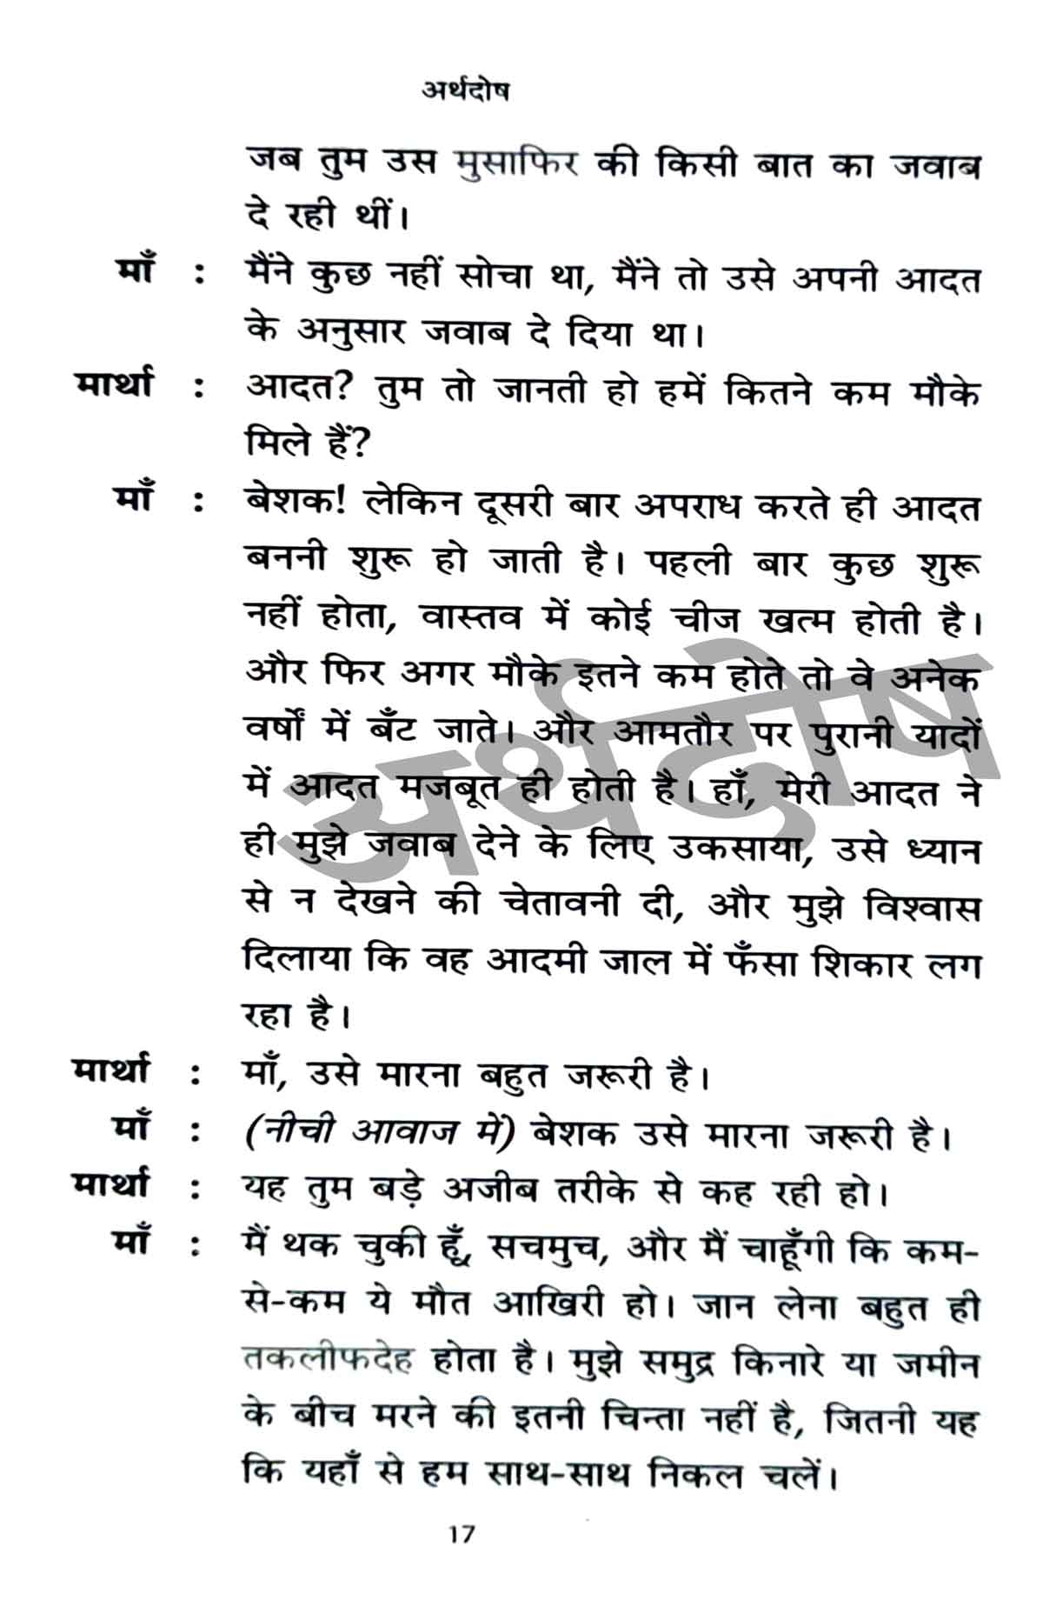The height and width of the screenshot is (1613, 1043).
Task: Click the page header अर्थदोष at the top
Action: (x=466, y=90)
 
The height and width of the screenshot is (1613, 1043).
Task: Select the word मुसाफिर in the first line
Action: (x=516, y=163)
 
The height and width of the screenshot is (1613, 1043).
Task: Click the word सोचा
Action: (x=494, y=277)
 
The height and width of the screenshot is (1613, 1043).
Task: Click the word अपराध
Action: (x=688, y=504)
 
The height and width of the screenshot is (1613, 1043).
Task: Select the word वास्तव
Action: (x=471, y=618)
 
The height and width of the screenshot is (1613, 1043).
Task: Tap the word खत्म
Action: (x=796, y=620)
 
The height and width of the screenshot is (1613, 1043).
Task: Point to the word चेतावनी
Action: (x=561, y=904)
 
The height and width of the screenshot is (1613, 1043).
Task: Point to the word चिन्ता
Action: (x=645, y=1418)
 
